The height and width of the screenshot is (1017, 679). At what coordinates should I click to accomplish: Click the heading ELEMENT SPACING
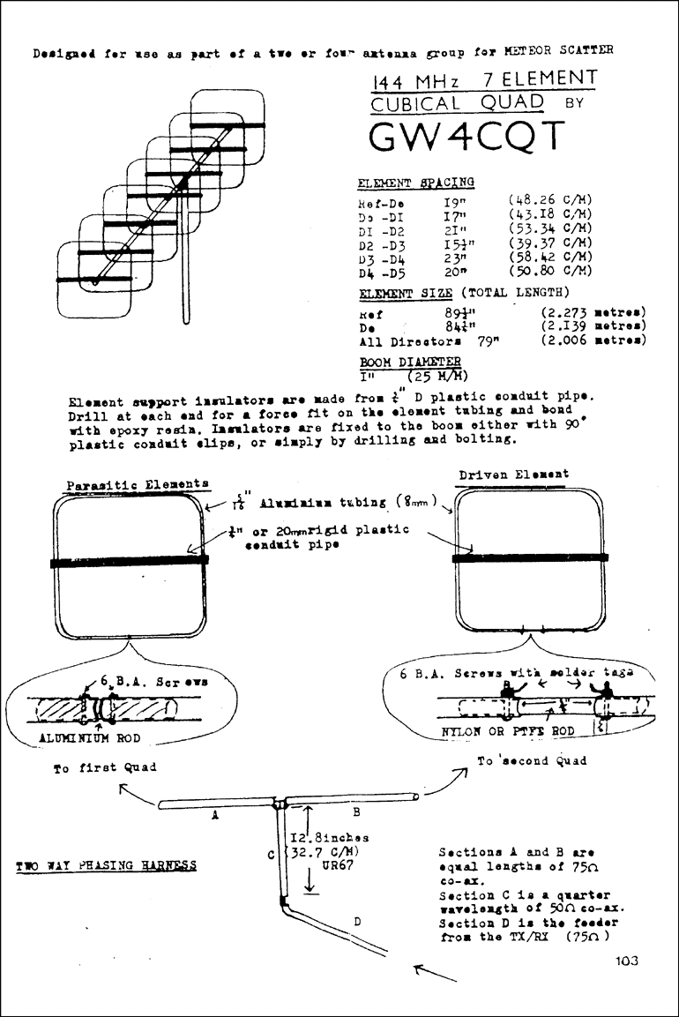[x=415, y=183]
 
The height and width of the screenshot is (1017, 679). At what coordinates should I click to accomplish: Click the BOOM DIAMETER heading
[x=410, y=362]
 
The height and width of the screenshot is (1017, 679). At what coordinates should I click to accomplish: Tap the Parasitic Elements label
[x=138, y=484]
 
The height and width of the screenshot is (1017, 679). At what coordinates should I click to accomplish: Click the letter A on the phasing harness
[x=215, y=817]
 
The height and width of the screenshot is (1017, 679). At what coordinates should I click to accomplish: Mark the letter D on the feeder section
[x=357, y=921]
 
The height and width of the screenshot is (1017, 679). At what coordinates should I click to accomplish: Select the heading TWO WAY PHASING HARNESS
[x=107, y=865]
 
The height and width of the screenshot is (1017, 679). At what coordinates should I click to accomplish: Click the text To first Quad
[x=105, y=767]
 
